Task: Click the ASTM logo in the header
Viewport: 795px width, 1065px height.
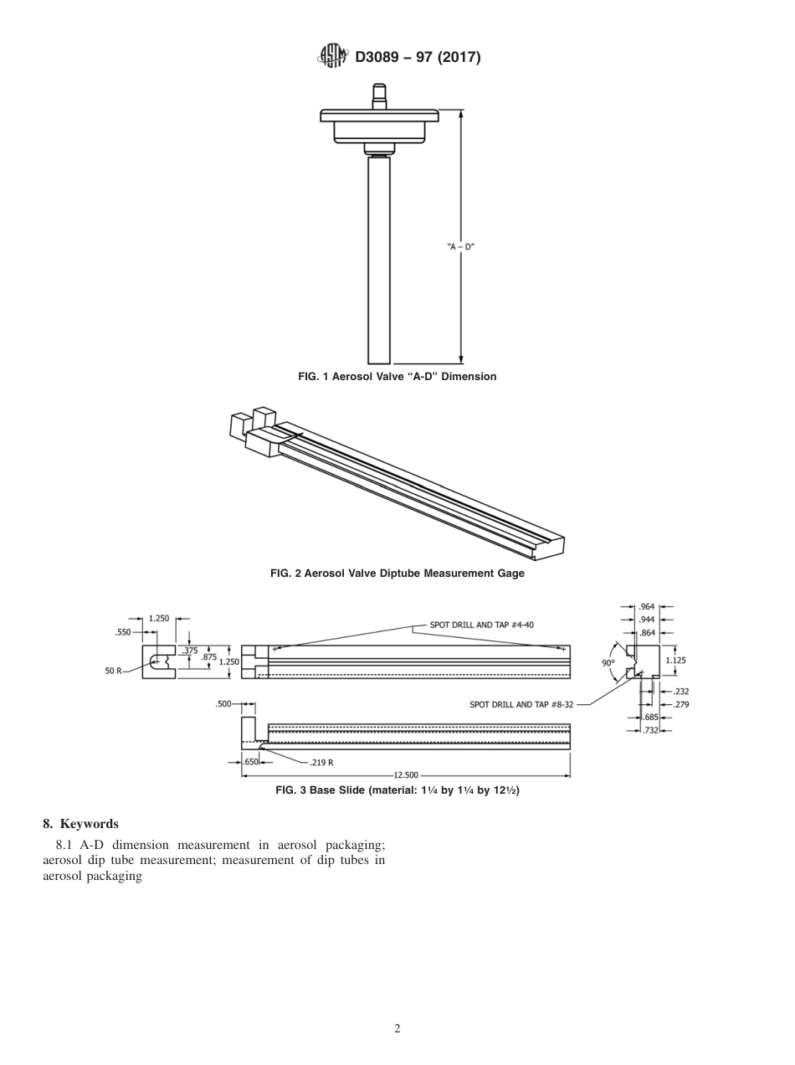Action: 332,57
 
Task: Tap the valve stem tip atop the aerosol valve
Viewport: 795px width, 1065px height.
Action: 379,90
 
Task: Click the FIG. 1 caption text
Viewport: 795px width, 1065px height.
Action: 397,377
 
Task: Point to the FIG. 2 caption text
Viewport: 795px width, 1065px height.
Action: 397,574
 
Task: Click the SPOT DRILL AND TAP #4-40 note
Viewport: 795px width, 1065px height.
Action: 481,625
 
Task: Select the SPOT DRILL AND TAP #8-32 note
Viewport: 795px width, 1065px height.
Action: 521,705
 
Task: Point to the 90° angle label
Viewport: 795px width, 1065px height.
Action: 608,662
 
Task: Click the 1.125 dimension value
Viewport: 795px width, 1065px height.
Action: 675,660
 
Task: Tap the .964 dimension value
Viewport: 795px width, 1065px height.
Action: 647,606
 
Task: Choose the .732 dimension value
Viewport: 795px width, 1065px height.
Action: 650,732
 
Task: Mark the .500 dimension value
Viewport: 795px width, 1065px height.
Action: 223,705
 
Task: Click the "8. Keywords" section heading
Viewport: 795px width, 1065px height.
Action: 80,824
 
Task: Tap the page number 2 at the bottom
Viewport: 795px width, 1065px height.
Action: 397,1029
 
